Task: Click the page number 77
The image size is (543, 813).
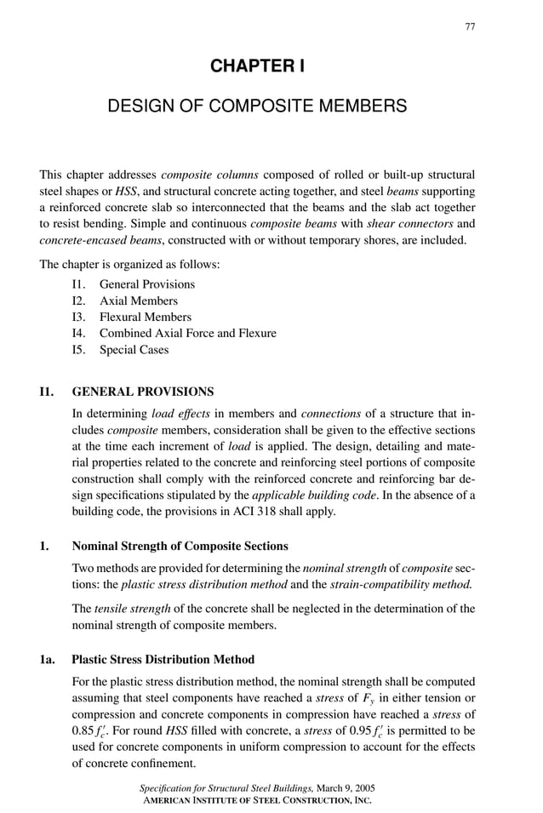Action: (470, 27)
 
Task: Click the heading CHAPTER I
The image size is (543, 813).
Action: (257, 66)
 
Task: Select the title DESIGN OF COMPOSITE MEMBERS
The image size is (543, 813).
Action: (257, 106)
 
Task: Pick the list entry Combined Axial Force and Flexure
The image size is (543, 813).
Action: (187, 333)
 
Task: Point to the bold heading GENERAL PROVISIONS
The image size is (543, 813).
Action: (143, 392)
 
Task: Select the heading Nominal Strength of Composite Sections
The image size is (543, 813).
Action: (180, 546)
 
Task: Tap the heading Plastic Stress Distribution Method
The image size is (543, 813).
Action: (163, 660)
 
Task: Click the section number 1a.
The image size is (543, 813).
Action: (48, 660)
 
